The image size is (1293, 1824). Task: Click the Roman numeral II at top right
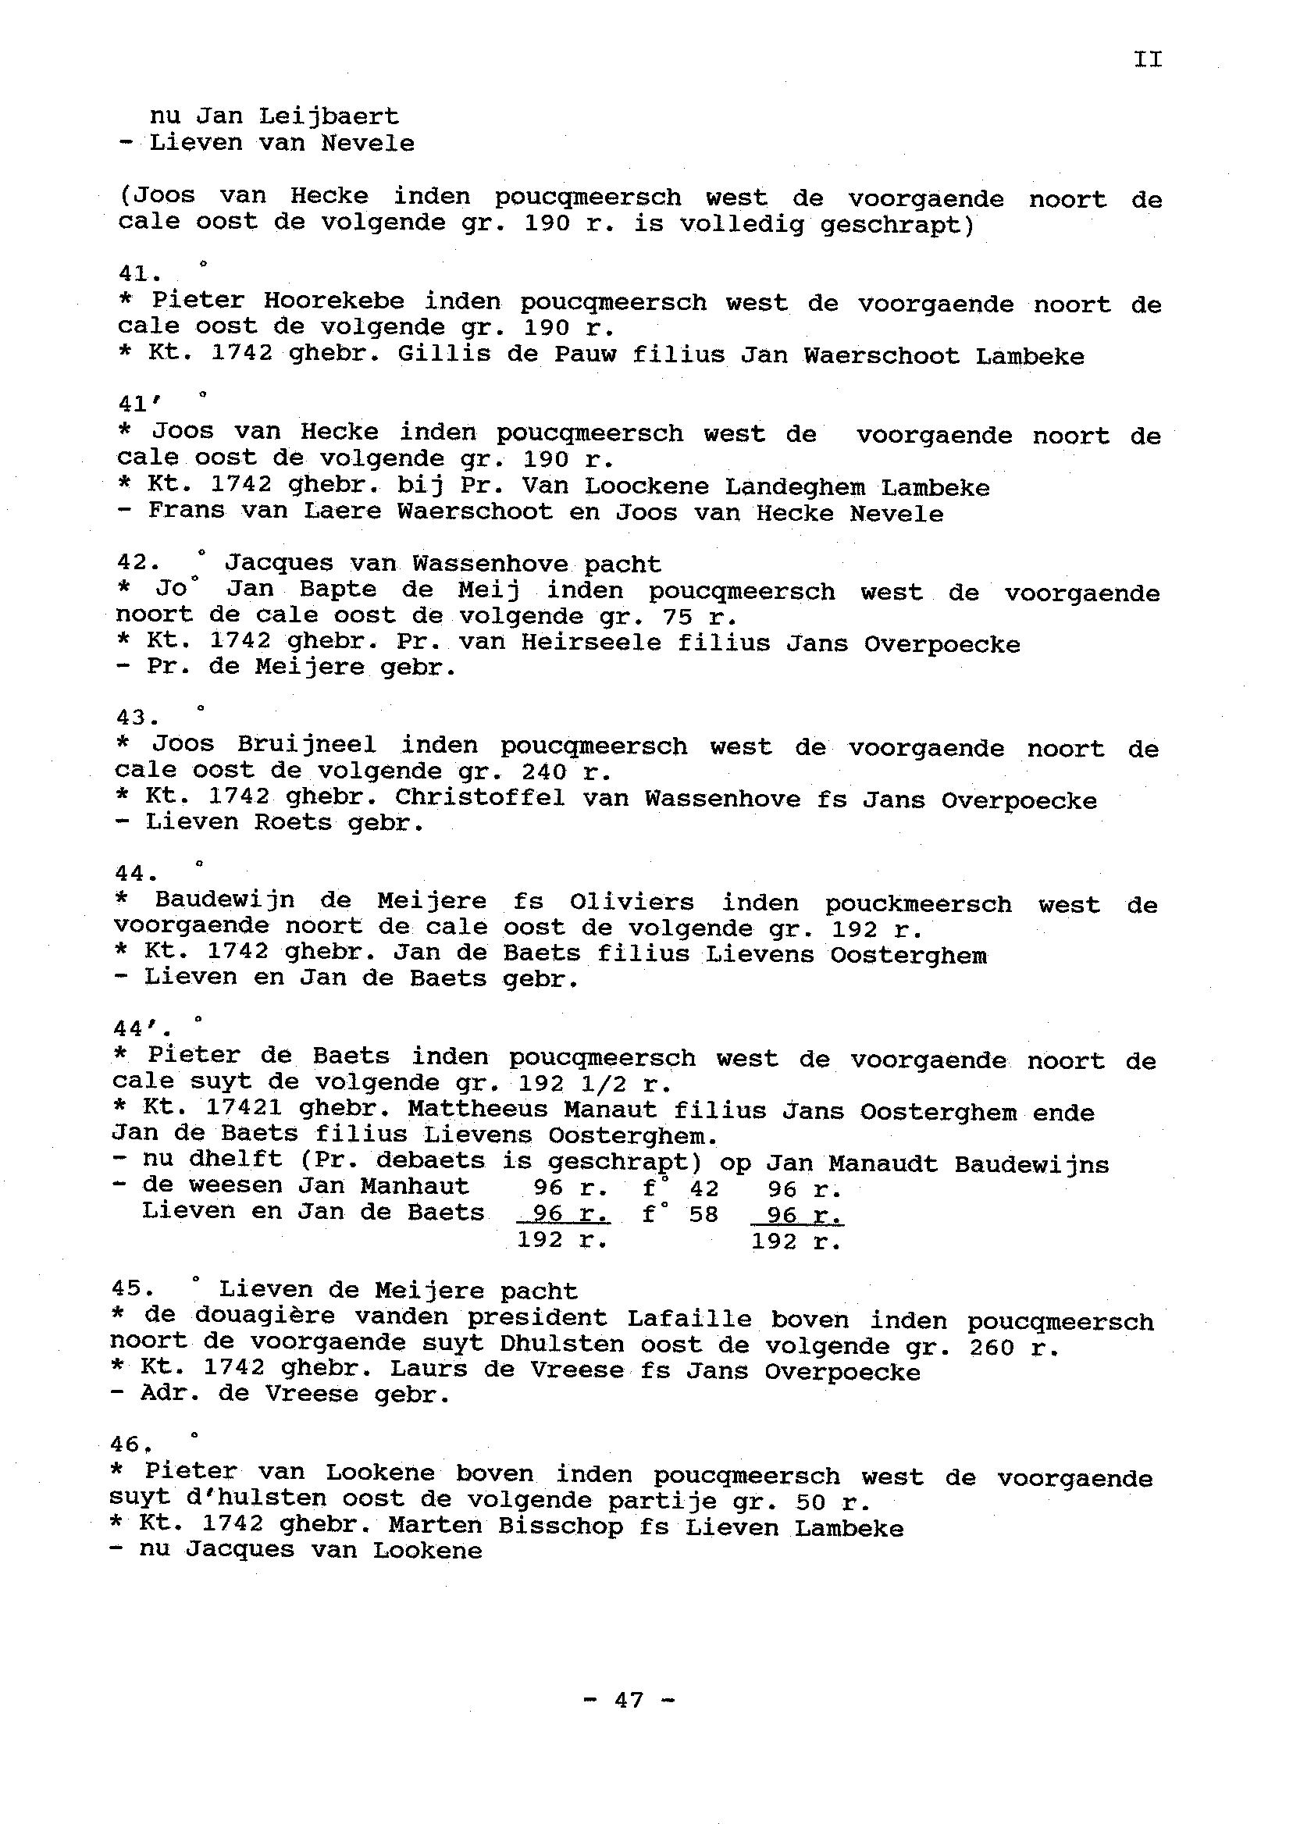(x=1147, y=59)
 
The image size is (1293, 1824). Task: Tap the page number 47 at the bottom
(x=629, y=1700)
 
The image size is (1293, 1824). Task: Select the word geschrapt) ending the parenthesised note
(x=896, y=226)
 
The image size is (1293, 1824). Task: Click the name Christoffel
(x=479, y=798)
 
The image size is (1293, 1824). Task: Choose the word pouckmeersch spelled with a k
(x=918, y=904)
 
